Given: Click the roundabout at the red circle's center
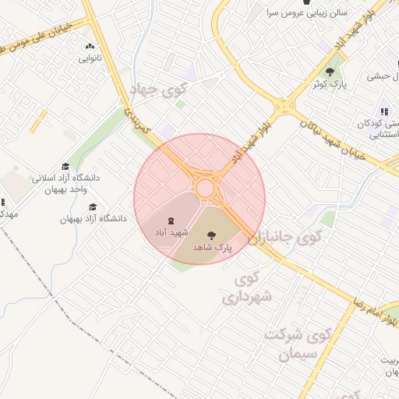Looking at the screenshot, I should (206, 188).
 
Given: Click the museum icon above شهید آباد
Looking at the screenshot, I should (172, 221).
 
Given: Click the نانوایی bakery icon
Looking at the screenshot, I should (89, 46).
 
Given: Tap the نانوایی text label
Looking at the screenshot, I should (89, 58).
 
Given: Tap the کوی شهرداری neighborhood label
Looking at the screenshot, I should (248, 288).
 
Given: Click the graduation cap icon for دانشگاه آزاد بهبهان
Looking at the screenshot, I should (93, 207).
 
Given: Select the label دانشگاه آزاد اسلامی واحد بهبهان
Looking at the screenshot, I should (67, 183).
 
